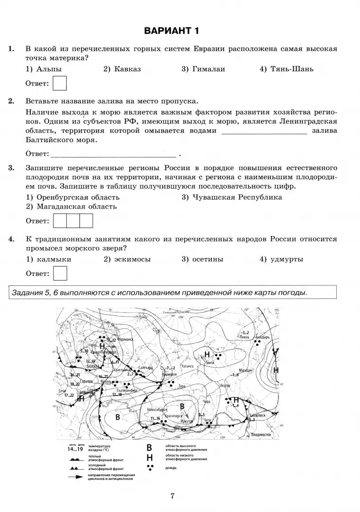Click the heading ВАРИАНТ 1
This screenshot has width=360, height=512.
[x=172, y=31]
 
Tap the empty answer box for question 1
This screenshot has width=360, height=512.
[x=60, y=84]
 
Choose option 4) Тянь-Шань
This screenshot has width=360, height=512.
[x=287, y=69]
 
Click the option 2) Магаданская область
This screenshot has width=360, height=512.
[x=71, y=207]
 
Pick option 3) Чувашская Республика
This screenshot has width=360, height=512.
[x=232, y=197]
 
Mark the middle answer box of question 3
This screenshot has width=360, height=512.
[x=73, y=221]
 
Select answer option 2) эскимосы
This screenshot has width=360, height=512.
[x=127, y=259]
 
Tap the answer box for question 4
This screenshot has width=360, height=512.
[x=60, y=274]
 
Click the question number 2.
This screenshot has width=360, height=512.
[x=11, y=101]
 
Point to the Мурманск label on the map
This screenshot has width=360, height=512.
[x=126, y=340]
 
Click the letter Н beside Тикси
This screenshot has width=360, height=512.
[x=207, y=355]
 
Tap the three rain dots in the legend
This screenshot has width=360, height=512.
[x=150, y=467]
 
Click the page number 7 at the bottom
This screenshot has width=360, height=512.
[x=172, y=496]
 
